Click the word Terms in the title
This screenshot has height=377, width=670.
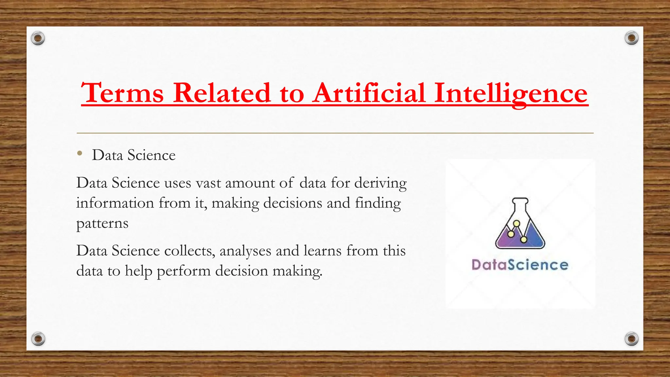[122, 93]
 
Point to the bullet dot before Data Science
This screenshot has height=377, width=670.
[79, 153]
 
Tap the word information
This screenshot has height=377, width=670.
[115, 203]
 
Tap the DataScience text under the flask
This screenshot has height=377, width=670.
[520, 264]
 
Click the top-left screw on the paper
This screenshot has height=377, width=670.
[38, 38]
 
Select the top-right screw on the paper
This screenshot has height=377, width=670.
[631, 38]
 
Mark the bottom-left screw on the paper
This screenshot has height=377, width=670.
[38, 338]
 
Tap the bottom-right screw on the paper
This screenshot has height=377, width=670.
[631, 338]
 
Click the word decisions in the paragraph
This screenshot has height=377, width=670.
[293, 203]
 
